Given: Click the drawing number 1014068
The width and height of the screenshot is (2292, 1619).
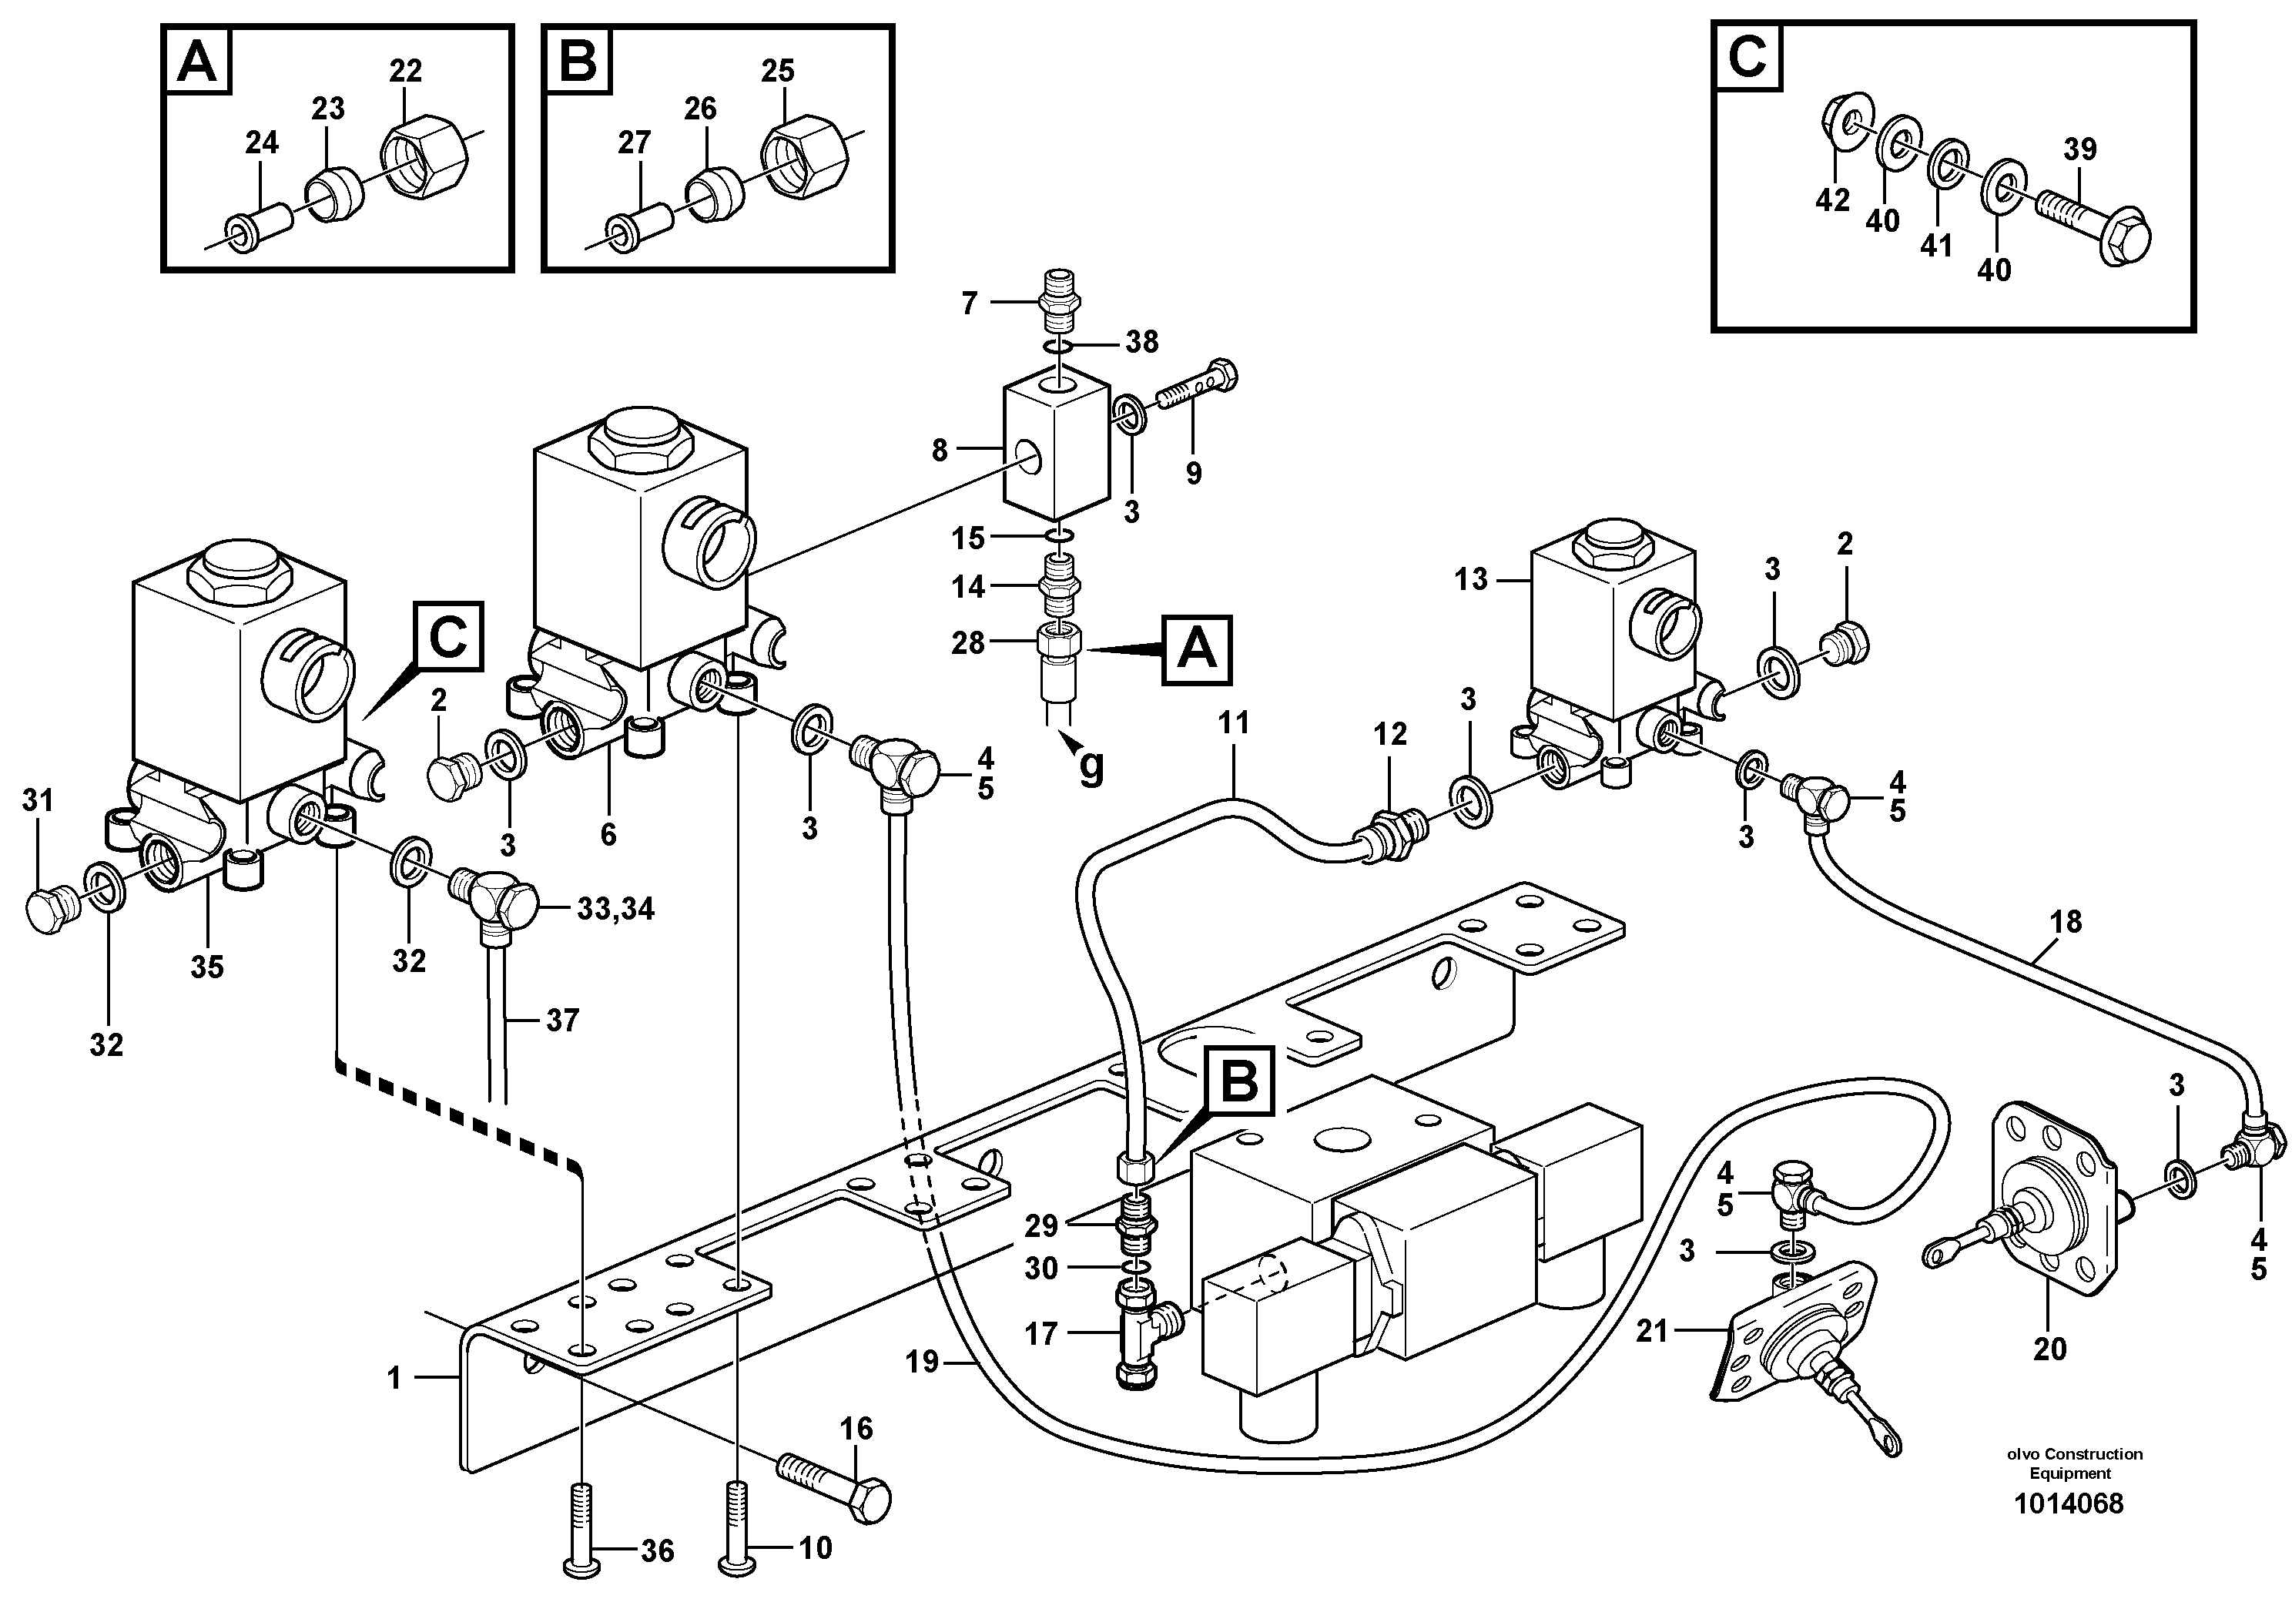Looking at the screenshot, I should tap(2069, 1531).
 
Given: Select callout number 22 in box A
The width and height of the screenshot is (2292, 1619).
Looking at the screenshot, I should tap(405, 71).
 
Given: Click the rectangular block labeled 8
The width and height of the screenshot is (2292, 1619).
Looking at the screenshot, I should tap(1056, 447).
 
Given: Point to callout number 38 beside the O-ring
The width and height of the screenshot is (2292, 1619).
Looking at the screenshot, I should tap(1142, 343).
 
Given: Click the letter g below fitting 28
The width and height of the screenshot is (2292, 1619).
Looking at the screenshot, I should tap(1093, 766).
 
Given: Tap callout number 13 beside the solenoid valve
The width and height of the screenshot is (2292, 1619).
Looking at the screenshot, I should tap(1470, 579).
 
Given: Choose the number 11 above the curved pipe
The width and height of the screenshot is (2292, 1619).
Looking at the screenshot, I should tap(1234, 722).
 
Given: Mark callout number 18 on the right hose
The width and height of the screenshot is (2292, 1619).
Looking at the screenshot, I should tap(2066, 921).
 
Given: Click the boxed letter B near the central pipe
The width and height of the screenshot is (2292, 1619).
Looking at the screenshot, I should tap(1239, 1081).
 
